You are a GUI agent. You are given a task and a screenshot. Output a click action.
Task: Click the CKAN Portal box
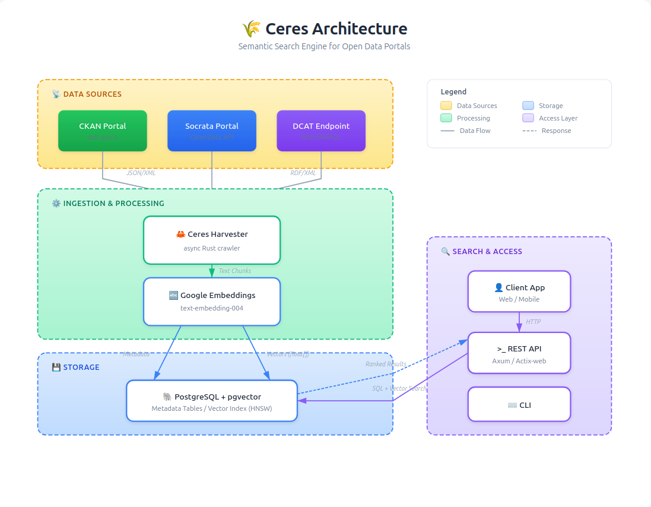point(103,131)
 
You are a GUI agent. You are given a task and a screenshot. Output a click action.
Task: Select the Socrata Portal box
point(212,131)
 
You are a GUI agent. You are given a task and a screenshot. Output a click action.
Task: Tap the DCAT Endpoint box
point(321,131)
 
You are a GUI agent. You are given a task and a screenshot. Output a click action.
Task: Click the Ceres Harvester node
point(212,240)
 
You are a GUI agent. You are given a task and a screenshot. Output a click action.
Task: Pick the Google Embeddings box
point(212,302)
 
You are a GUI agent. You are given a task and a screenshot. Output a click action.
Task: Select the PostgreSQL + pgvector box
point(212,401)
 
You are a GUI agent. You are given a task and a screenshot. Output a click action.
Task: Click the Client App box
point(519,291)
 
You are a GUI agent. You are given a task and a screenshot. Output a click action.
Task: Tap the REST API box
point(519,353)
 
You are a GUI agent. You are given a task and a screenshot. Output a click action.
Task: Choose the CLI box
point(519,404)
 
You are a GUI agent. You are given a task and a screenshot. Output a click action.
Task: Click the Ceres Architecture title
point(336,28)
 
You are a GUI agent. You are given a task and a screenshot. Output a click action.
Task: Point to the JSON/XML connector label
point(141,173)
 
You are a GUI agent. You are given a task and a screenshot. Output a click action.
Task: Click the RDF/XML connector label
point(303,173)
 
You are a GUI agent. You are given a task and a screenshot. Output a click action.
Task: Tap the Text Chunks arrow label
point(235,271)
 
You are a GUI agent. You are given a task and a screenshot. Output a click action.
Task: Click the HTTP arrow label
point(533,322)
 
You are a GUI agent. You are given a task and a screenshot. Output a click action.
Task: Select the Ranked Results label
point(386,364)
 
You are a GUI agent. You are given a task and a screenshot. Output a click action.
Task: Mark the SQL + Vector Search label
point(399,388)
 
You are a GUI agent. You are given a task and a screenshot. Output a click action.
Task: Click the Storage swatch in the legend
point(528,106)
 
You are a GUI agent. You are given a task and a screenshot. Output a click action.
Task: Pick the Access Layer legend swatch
point(528,118)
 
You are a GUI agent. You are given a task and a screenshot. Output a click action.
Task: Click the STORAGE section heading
point(81,367)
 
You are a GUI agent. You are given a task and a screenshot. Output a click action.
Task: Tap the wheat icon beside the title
point(252,28)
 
